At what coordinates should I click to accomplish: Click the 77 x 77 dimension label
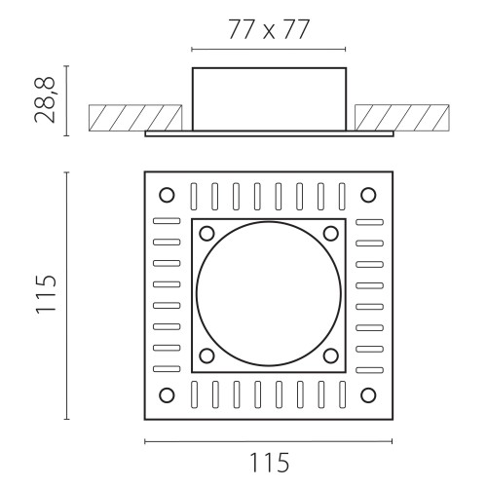269,29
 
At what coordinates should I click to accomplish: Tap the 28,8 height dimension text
46,100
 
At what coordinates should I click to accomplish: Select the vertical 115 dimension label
46,294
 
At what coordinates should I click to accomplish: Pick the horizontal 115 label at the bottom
269,463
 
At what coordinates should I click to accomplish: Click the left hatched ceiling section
135,118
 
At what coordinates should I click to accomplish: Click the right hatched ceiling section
402,118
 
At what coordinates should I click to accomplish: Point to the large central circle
269,222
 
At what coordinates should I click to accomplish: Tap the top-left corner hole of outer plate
167,195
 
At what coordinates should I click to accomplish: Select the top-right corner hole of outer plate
368,195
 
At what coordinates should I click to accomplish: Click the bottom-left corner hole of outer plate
167,395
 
